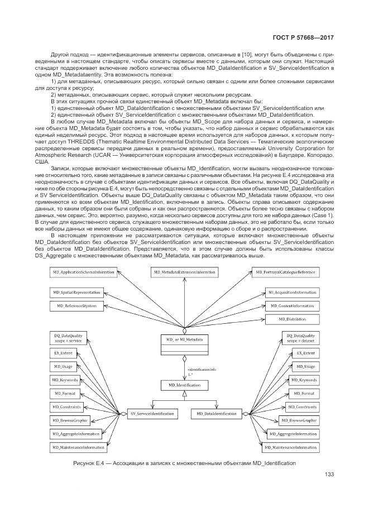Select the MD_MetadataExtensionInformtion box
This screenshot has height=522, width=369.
point(184,272)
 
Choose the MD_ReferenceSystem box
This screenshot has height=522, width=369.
point(74,306)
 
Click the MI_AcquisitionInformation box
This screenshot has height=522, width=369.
point(290,293)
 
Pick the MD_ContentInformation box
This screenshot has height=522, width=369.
point(290,306)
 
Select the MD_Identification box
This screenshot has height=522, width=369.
point(184,385)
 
